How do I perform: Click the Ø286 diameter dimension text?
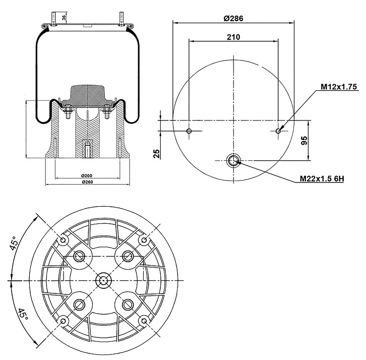click(233, 18)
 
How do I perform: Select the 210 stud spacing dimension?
click(233, 37)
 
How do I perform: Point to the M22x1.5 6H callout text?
click(322, 178)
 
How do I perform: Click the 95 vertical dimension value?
click(304, 140)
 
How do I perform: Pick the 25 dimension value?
click(157, 153)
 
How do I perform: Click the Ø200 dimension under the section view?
click(86, 175)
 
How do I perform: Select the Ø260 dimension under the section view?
click(86, 182)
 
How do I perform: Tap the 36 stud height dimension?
click(64, 18)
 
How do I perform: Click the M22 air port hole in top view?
click(233, 160)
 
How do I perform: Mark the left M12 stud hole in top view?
click(189, 132)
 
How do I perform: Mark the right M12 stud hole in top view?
click(278, 132)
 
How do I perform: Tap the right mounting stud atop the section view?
click(121, 17)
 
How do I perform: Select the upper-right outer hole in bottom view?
click(144, 239)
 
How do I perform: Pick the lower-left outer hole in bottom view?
click(63, 321)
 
